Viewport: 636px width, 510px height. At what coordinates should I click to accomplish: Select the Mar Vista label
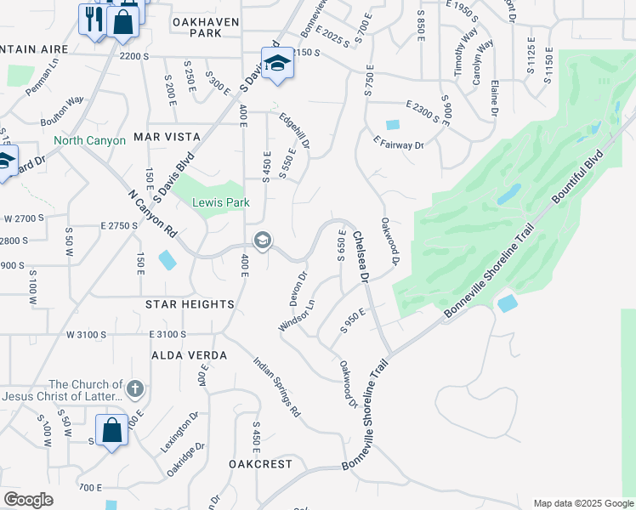point(167,137)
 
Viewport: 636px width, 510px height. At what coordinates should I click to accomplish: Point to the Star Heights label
point(190,304)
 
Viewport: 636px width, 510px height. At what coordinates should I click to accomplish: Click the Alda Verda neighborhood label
point(190,354)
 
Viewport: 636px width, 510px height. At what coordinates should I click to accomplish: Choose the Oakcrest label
point(260,464)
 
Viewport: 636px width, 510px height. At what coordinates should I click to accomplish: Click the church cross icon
point(134,389)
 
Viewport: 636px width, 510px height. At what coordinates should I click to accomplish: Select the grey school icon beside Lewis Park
point(263,241)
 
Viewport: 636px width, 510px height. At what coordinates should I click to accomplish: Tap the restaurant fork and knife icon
point(92,16)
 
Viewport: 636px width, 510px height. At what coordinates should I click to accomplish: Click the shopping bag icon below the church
point(111,430)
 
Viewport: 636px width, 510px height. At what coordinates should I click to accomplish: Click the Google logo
point(28,500)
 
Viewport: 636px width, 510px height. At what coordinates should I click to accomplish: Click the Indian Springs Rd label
point(277,386)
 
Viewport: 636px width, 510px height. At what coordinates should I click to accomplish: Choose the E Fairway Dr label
point(399,145)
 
